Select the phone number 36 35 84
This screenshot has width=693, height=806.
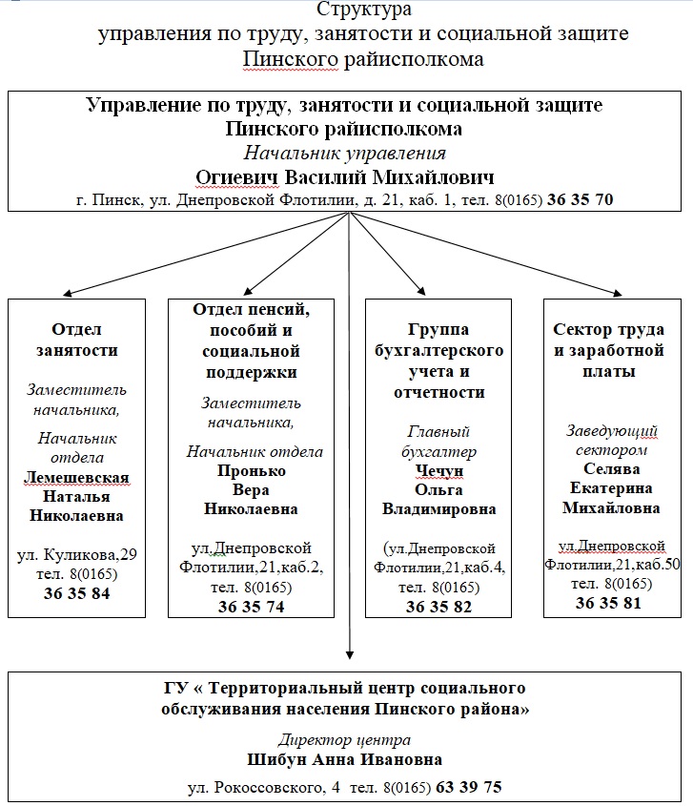(x=76, y=593)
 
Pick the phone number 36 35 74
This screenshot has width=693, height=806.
(x=251, y=607)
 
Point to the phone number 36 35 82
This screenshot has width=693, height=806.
(x=438, y=607)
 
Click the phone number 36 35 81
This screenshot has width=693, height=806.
(x=608, y=603)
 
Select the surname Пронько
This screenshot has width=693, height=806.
(x=253, y=470)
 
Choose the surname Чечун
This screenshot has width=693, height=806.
(x=438, y=470)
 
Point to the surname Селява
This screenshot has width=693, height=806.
(x=611, y=468)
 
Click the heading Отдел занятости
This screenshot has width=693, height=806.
(x=76, y=339)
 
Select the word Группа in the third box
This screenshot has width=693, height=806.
(x=438, y=330)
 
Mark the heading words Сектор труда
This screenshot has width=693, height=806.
(x=609, y=330)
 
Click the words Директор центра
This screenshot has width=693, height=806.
(x=345, y=740)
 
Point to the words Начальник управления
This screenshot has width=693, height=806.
(x=345, y=153)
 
